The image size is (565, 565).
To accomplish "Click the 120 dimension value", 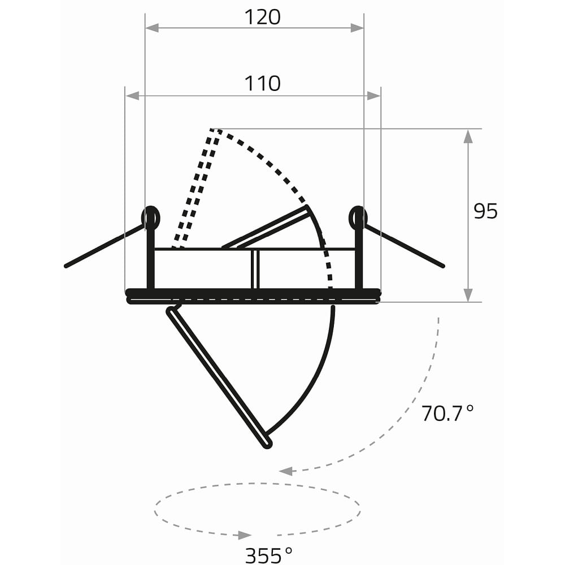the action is (262, 17).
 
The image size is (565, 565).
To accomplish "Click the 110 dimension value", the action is (262, 83).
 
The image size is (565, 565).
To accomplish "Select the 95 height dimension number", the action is (485, 211).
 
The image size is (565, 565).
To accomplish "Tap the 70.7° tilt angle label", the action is (447, 414).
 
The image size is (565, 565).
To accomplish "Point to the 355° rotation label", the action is (269, 555).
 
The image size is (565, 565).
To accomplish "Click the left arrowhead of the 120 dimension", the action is (152, 28).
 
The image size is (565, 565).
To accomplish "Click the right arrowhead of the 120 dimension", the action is (357, 28).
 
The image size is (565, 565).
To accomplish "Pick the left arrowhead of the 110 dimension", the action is (132, 96).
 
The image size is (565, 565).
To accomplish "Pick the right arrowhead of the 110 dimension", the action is (373, 96).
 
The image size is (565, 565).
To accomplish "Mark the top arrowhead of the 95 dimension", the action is (468, 136).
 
